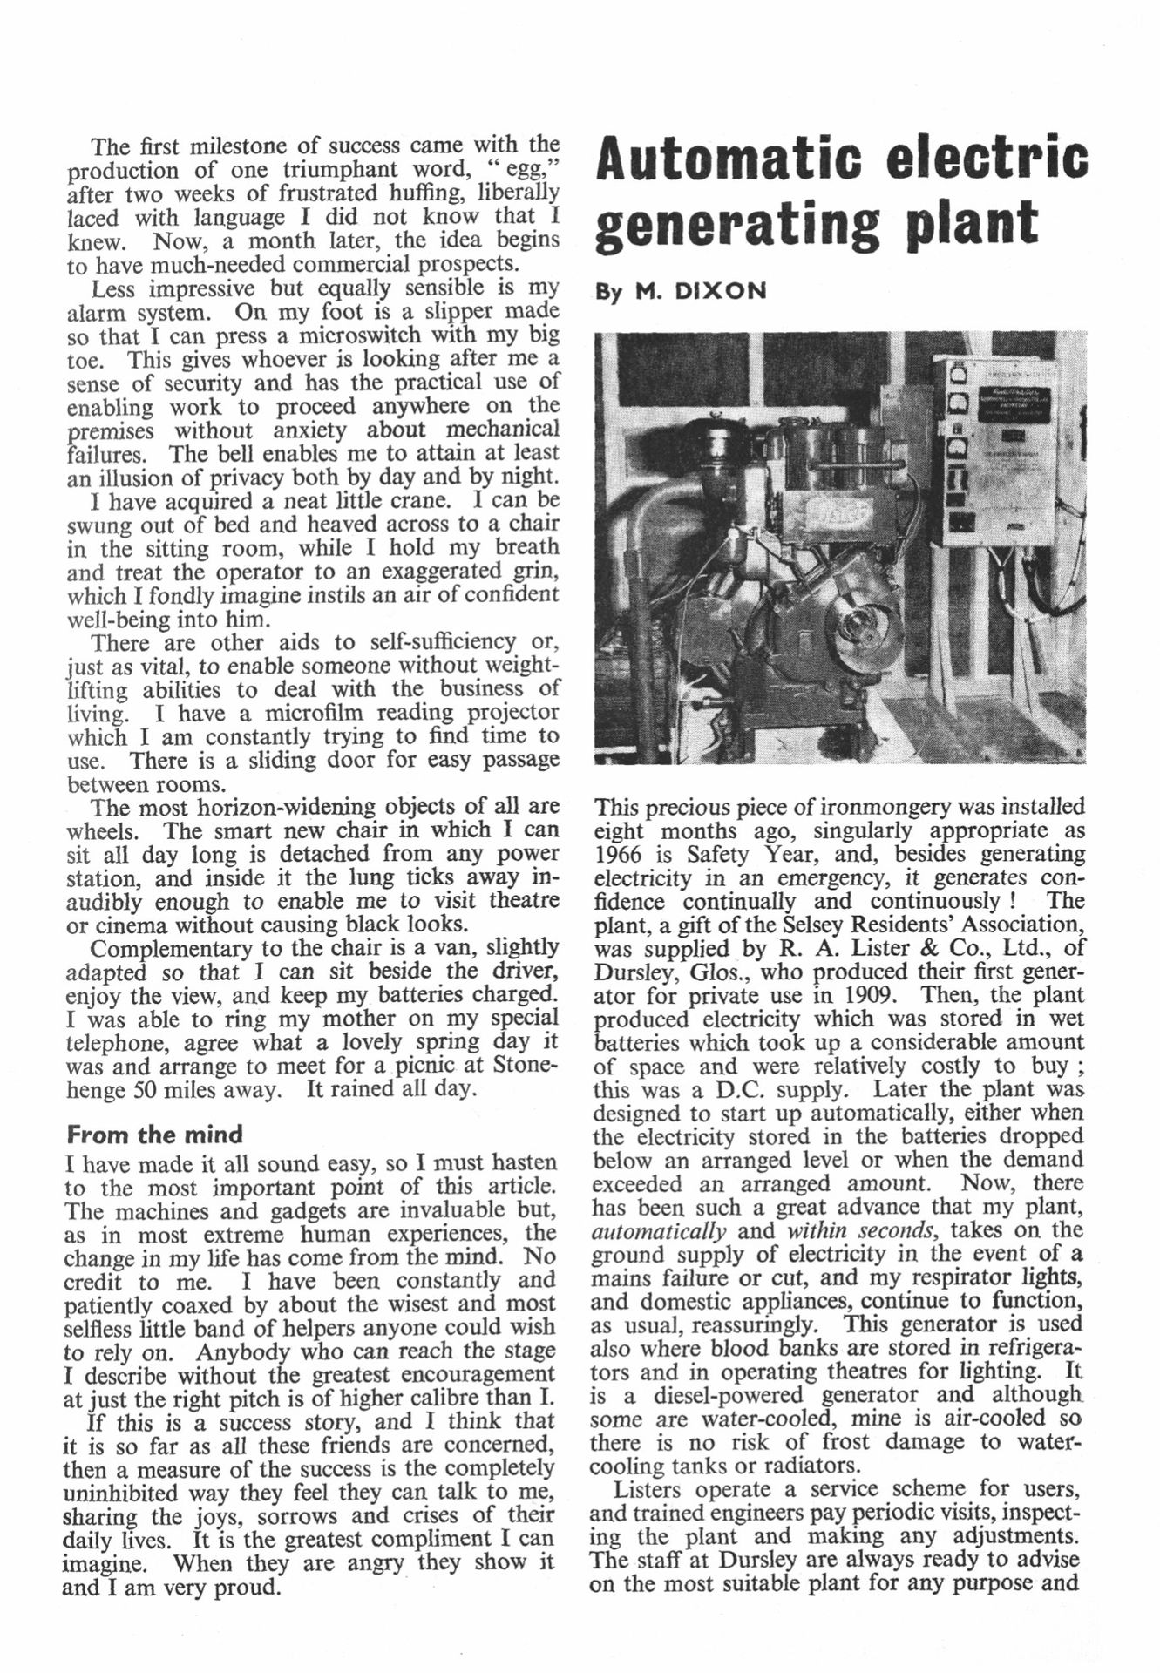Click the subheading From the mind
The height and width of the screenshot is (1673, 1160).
pyautogui.click(x=154, y=1135)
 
